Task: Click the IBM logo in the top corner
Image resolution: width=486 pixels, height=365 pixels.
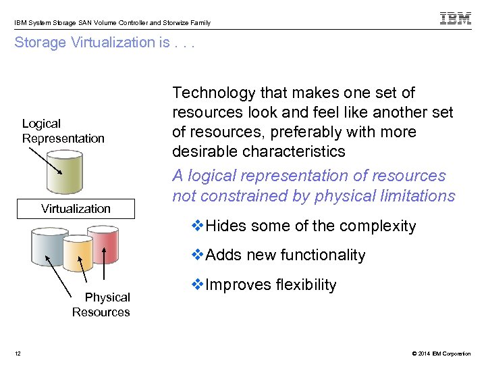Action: [x=456, y=18]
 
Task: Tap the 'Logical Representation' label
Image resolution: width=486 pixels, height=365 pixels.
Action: [x=63, y=131]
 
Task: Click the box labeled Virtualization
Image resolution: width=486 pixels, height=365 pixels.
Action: [x=76, y=209]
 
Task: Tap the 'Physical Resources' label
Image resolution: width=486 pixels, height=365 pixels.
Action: [x=101, y=305]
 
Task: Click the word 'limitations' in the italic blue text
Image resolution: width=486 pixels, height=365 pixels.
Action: [x=418, y=196]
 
